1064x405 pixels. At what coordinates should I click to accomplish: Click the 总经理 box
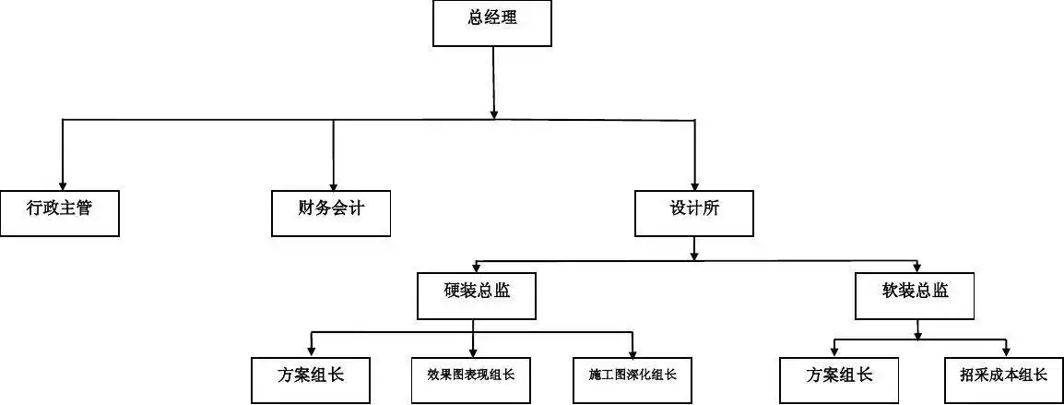click(492, 23)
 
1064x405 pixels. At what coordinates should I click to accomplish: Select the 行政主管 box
click(60, 213)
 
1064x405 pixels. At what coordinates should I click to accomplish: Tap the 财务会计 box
click(332, 213)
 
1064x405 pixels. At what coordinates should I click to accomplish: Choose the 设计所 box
click(694, 213)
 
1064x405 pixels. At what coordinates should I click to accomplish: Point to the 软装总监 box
click(915, 295)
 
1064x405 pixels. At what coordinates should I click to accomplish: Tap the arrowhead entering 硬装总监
click(476, 266)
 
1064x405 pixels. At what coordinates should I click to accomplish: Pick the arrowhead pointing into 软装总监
click(916, 266)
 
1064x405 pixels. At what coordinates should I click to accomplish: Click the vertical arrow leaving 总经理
click(493, 83)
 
